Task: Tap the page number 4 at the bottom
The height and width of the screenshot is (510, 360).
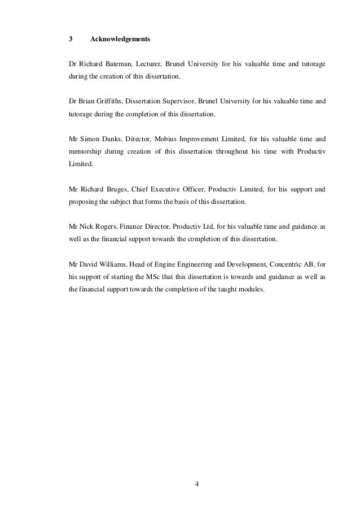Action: point(197,484)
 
